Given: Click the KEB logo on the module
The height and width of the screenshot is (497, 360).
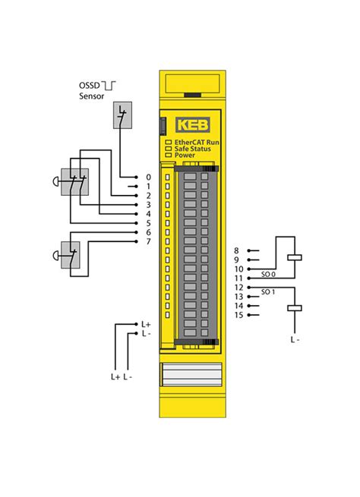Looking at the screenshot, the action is click(192, 125).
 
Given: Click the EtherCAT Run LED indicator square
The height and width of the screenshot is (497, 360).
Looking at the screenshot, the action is click(169, 143).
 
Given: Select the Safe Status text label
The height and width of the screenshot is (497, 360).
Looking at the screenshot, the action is click(192, 149).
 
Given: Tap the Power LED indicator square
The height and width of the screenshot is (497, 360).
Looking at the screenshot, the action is click(169, 155).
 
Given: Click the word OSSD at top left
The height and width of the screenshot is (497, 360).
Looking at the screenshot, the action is click(90, 86).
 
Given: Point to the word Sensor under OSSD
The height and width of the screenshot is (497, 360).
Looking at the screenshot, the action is click(92, 96).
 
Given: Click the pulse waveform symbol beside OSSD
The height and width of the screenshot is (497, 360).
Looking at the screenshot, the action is click(109, 85).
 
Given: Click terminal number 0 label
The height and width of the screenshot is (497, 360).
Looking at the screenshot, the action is click(148, 178).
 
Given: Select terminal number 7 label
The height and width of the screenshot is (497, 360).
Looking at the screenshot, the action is click(148, 241).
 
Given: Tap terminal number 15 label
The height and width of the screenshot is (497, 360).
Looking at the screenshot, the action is click(238, 315).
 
